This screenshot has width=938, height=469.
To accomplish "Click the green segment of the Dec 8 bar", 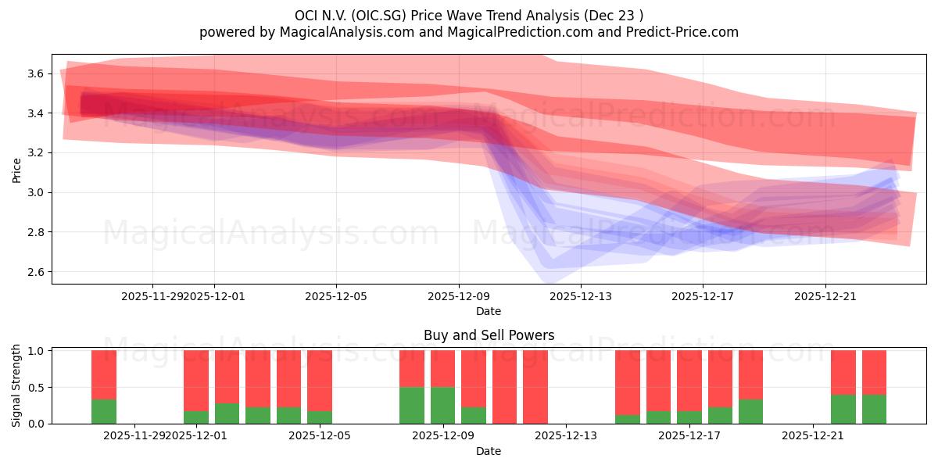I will coord(412,405).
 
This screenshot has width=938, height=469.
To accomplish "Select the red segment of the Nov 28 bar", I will coord(104,374).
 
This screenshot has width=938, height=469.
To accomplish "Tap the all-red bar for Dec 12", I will coord(535,387).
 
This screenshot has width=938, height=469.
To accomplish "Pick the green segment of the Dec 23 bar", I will coord(874,409).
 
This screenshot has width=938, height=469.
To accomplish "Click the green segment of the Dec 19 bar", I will coord(750,411).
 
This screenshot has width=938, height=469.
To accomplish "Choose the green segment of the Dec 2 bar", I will coord(227,414).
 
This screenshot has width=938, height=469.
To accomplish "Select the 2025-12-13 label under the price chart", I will coord(581,296).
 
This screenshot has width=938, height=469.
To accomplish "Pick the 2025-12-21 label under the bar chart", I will coord(814,435).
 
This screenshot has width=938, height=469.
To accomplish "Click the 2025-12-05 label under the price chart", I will coord(336,296).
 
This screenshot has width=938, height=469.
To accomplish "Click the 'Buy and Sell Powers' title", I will coord(489,335).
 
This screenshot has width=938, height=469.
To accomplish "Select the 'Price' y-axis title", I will coord(16,170).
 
